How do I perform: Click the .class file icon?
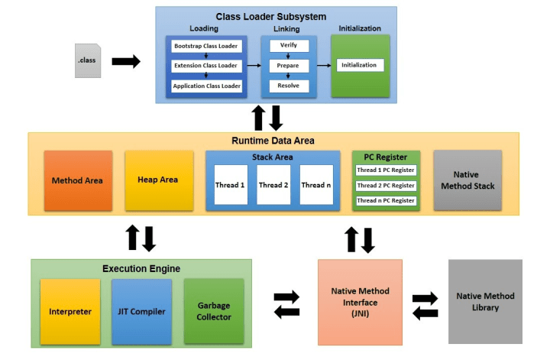point(88,60)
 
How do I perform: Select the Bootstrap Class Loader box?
point(206,47)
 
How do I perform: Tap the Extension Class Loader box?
point(206,66)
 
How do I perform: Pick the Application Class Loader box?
point(206,86)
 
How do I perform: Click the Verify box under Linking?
point(289,46)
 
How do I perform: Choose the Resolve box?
point(289,86)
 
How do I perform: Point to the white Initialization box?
point(360,65)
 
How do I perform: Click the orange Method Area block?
point(78,180)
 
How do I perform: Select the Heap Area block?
point(159,180)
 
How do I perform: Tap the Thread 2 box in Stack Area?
point(273,184)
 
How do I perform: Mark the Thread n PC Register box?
point(386,201)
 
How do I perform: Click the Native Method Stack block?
point(467,180)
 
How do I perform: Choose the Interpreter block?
point(70,312)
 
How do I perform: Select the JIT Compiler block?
point(142,312)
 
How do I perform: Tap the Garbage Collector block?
point(214,311)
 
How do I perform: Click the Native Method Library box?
point(485,302)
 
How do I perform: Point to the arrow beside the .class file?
point(126,61)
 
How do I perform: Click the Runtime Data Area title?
point(273,141)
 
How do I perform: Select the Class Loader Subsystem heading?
point(270,17)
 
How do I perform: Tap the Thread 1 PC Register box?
point(386,170)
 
